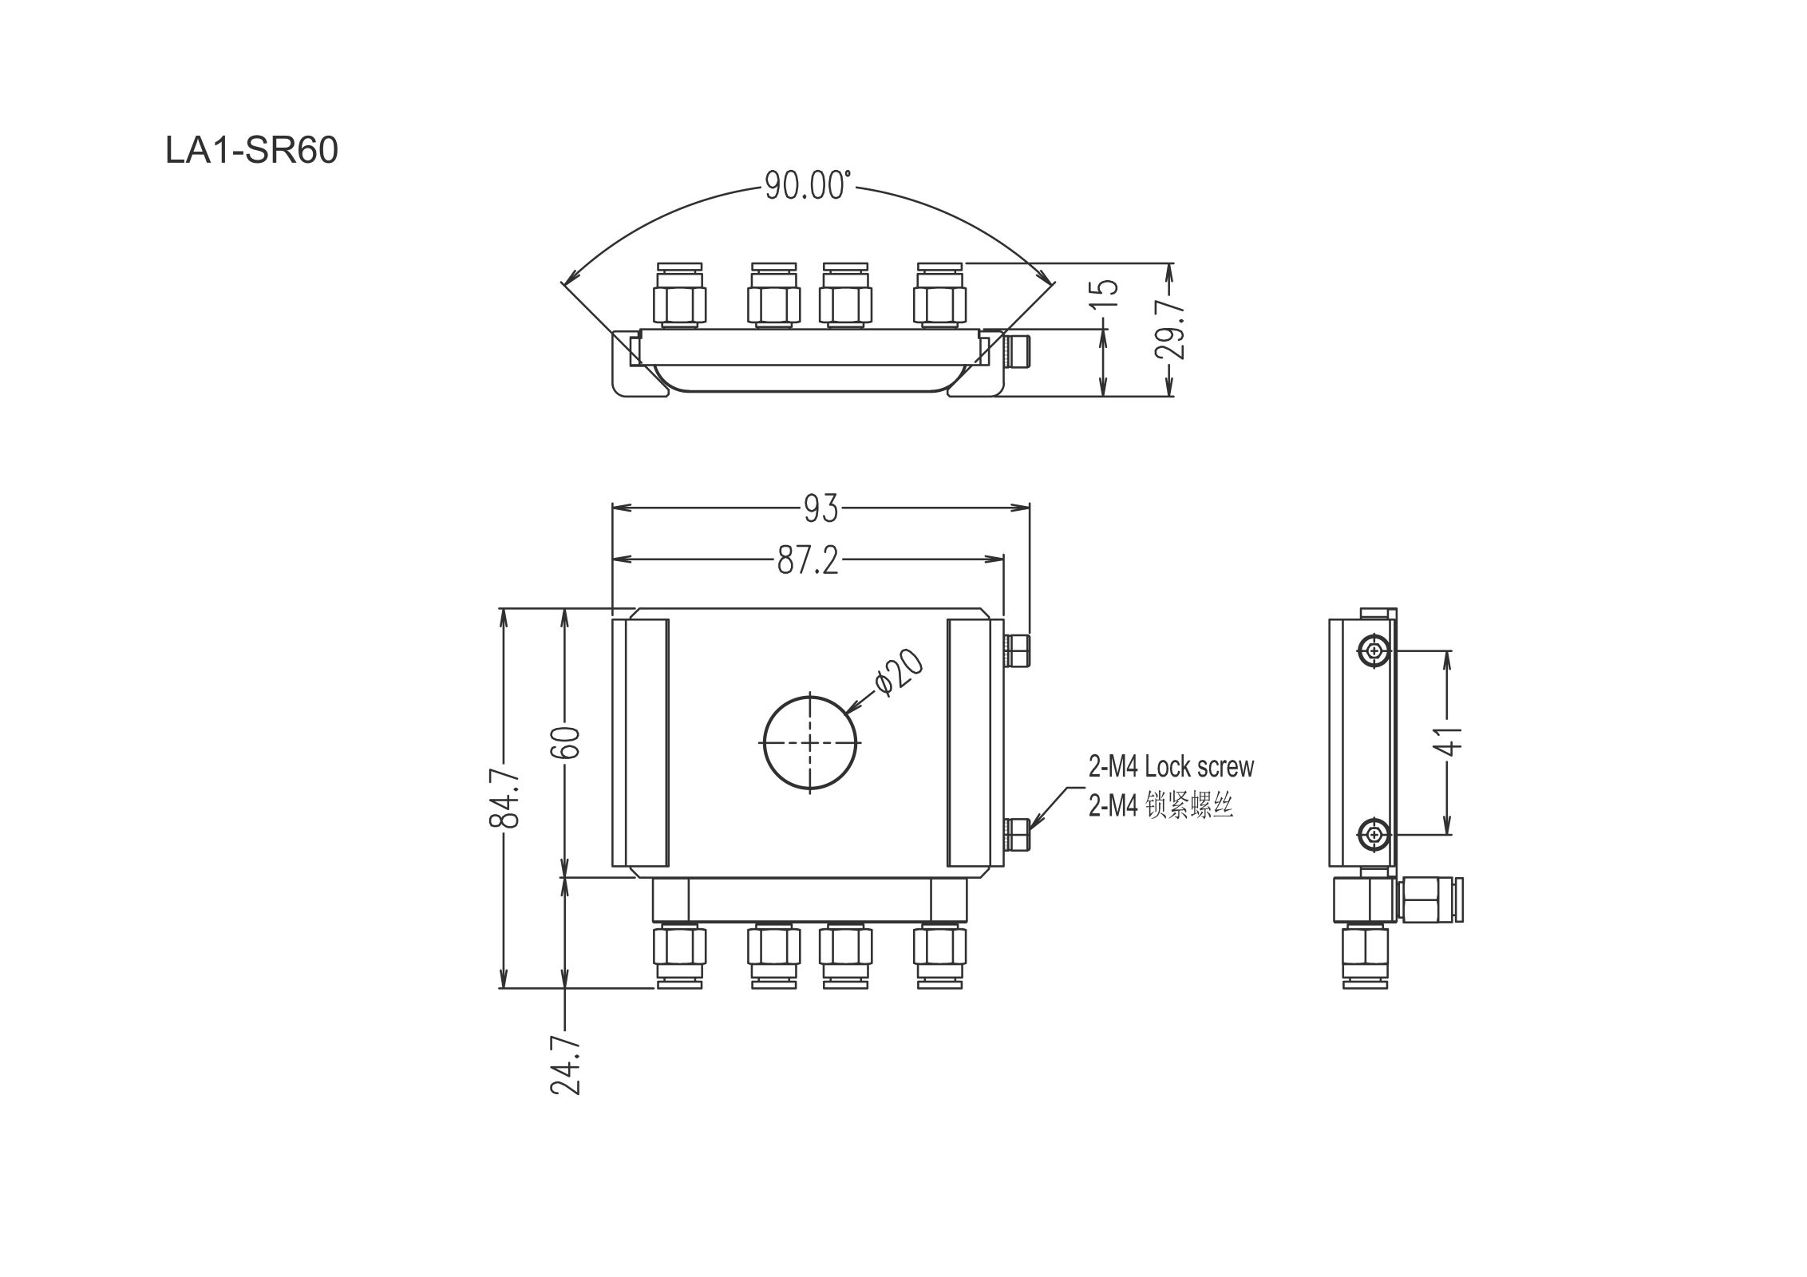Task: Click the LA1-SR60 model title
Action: [x=251, y=150]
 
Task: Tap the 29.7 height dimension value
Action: [x=1171, y=330]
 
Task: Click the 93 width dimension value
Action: [x=821, y=508]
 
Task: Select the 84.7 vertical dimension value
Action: [x=504, y=799]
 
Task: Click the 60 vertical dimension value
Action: [x=565, y=742]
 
